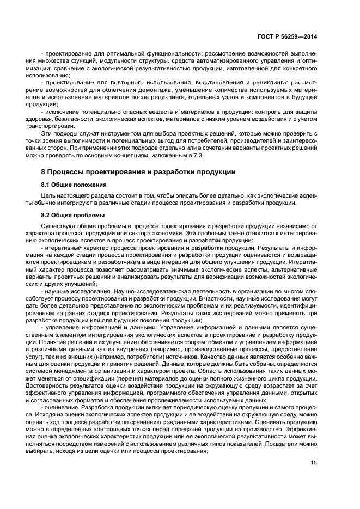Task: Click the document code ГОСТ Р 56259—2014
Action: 287,36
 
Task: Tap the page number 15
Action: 314,463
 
